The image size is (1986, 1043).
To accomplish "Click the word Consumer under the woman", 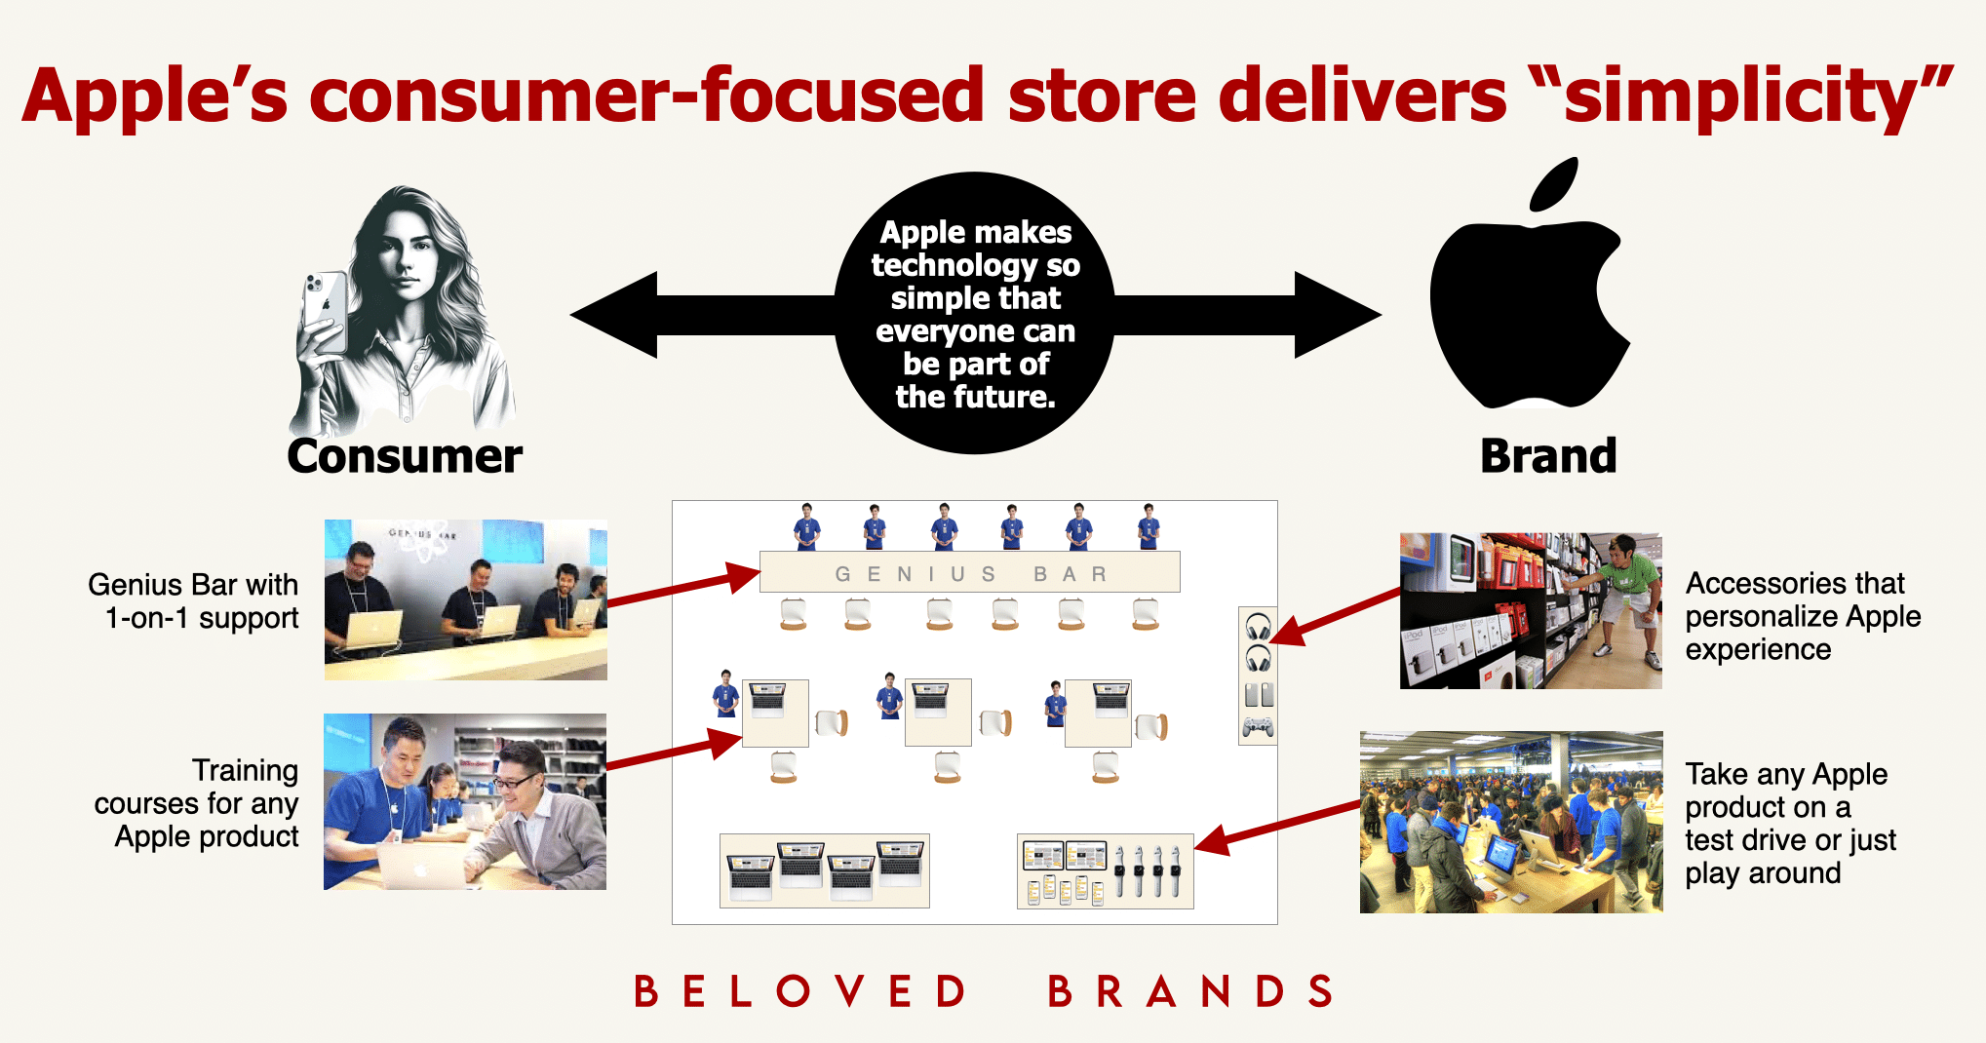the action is pyautogui.click(x=405, y=456).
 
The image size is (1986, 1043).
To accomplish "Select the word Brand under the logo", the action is pyautogui.click(x=1548, y=456).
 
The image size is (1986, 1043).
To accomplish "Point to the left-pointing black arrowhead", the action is pyautogui.click(x=614, y=315).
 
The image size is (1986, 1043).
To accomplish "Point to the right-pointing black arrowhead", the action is pyautogui.click(x=1338, y=315).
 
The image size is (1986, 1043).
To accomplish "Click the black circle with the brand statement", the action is pyautogui.click(x=975, y=313).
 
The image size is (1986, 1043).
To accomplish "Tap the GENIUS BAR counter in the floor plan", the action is pyautogui.click(x=970, y=572).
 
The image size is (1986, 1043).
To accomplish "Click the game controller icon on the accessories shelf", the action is pyautogui.click(x=1258, y=727).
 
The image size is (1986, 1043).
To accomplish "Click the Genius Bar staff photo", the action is pyautogui.click(x=466, y=599).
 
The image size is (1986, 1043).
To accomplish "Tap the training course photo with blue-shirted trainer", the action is pyautogui.click(x=465, y=801).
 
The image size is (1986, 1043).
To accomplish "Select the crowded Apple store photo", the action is pyautogui.click(x=1511, y=822).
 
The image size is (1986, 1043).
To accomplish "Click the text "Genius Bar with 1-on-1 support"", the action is pyautogui.click(x=193, y=600).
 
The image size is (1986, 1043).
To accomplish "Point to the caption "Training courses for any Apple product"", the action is pyautogui.click(x=196, y=803).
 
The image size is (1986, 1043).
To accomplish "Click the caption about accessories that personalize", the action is pyautogui.click(x=1803, y=616).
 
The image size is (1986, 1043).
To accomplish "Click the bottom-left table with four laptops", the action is pyautogui.click(x=825, y=870).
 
